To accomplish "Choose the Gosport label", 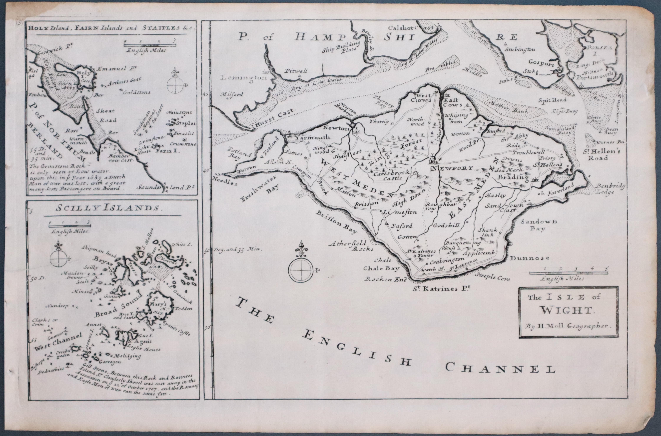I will point(541,63).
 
